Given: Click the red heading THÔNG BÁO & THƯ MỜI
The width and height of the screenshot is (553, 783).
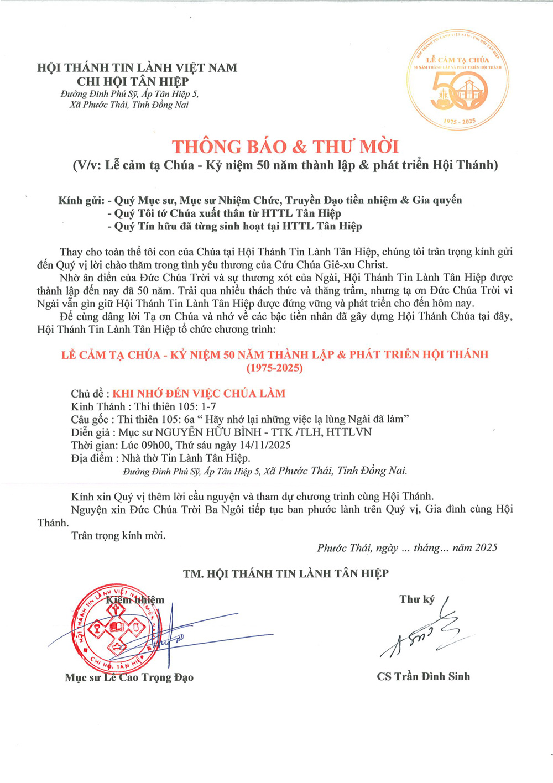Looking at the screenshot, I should pyautogui.click(x=285, y=147).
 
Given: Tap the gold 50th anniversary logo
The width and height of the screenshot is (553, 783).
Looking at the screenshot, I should pyautogui.click(x=458, y=80).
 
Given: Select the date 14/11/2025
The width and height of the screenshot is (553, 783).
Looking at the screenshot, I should pyautogui.click(x=265, y=445).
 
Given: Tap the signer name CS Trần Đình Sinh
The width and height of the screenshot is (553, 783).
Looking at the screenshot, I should pyautogui.click(x=423, y=676).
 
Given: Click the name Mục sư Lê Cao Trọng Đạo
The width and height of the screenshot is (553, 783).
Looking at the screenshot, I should pyautogui.click(x=129, y=677).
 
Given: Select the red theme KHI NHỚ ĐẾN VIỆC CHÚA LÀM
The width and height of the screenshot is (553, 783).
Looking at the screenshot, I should pyautogui.click(x=199, y=394).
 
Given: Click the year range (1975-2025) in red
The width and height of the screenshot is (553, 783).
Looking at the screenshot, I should pyautogui.click(x=275, y=368).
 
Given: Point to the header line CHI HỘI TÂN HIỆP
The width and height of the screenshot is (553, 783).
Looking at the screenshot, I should pyautogui.click(x=133, y=81).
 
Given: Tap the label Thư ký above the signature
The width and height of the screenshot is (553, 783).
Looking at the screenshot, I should pyautogui.click(x=417, y=599).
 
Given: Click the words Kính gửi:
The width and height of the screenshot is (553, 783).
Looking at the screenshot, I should pyautogui.click(x=81, y=200).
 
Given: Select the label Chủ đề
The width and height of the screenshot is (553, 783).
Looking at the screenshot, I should pyautogui.click(x=87, y=394).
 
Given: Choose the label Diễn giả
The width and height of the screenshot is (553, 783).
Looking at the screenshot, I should pyautogui.click(x=90, y=432).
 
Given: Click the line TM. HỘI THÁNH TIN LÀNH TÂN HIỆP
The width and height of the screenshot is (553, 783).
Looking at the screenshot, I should pyautogui.click(x=285, y=574).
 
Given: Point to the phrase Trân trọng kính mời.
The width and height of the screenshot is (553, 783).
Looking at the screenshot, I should pyautogui.click(x=118, y=535).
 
